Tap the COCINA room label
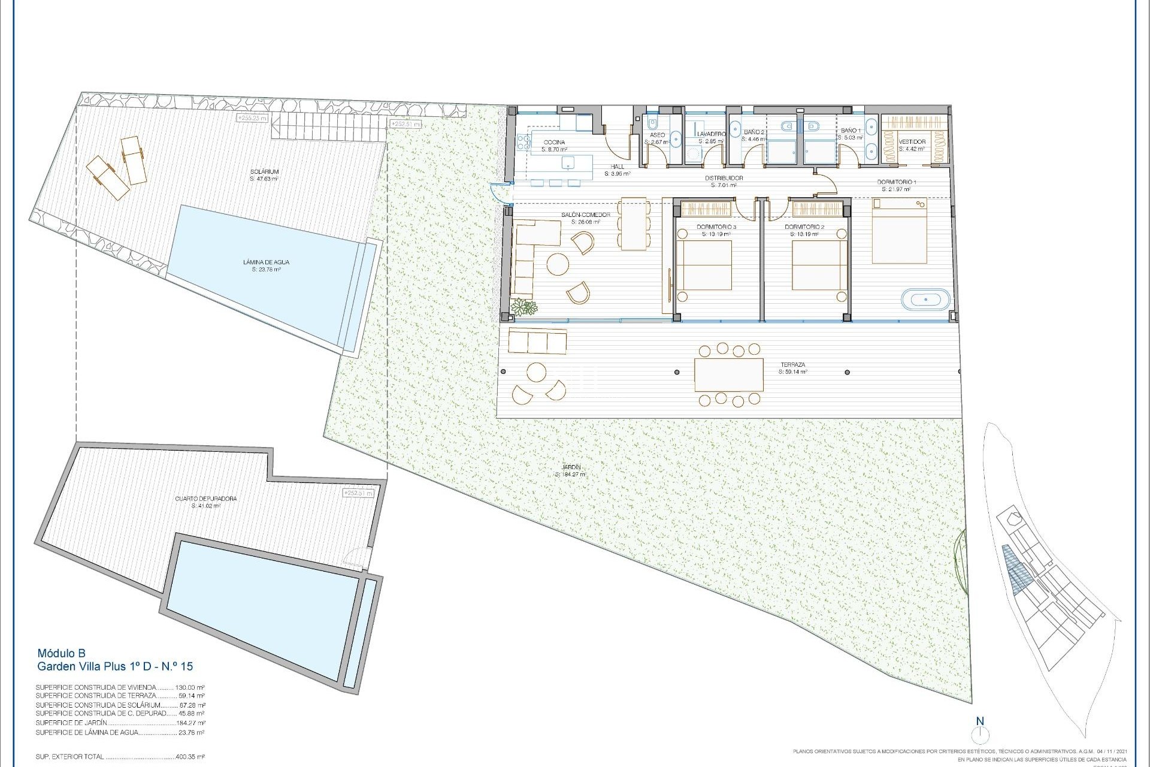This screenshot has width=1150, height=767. click(554, 142)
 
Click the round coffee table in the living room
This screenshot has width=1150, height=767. click(558, 264)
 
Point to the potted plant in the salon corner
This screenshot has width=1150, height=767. click(526, 307)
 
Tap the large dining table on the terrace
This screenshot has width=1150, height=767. click(729, 375)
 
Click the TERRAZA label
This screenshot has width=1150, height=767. click(792, 364)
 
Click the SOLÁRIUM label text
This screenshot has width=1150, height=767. click(264, 171)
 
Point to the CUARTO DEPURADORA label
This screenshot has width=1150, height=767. click(206, 499)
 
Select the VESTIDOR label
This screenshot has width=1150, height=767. click(912, 142)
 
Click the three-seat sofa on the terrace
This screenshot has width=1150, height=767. click(537, 341)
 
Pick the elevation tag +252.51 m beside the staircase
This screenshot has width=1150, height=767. click(405, 124)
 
